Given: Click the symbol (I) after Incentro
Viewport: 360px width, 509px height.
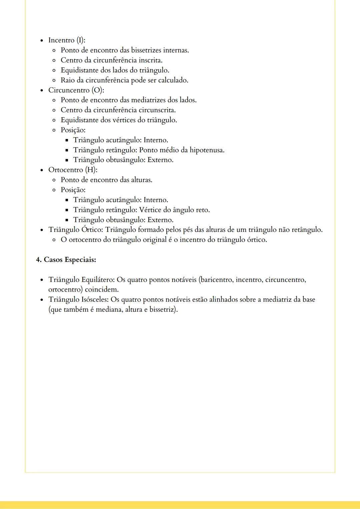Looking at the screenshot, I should point(81,40).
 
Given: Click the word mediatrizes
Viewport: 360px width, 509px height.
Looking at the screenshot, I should point(148,100).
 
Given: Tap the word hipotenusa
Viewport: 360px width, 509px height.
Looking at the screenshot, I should point(207,150).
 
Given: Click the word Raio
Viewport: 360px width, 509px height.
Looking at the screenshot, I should point(68,80).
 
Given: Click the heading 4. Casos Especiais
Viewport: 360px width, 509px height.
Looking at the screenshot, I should point(66,260).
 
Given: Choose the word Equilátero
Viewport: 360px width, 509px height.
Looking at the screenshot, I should point(98,280).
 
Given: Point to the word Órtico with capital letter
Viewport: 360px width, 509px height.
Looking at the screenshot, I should point(92,230).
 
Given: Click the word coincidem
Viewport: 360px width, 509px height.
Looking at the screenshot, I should point(102,290).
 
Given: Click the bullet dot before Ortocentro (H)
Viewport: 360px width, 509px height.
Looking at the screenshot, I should point(41,170).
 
